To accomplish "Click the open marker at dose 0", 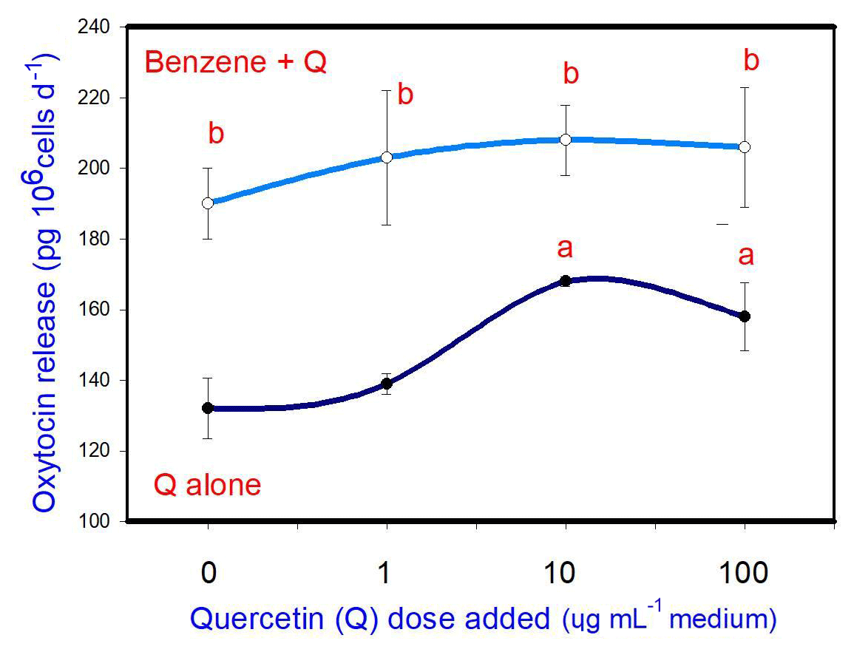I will [208, 203].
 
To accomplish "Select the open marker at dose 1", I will [387, 157].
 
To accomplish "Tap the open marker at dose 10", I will [566, 139].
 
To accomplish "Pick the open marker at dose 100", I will [745, 146].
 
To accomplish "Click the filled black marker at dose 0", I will [208, 408].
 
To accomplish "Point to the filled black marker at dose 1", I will [387, 384].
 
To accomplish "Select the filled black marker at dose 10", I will [566, 281].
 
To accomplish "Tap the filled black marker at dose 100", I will [745, 316].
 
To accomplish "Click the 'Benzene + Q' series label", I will [236, 62].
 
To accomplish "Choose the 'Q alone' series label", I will [207, 486].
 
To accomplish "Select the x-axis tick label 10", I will [566, 573].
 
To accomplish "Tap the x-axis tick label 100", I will [745, 573].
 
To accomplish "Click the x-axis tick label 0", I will [208, 573].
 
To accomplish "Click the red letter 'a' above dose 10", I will [565, 249].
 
